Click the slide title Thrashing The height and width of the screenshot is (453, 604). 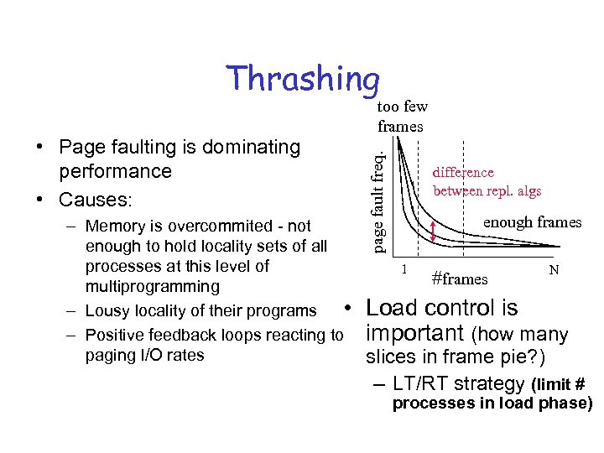click(x=304, y=79)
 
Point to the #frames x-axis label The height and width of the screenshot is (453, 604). click(x=459, y=279)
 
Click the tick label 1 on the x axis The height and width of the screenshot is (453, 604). click(x=404, y=268)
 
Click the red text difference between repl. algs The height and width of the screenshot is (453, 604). click(x=487, y=181)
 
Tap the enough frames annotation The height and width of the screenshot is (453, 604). click(x=532, y=222)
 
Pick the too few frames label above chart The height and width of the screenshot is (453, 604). click(x=402, y=116)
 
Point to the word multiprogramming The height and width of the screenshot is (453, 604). click(x=152, y=286)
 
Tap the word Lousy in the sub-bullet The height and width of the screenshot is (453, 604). click(x=107, y=310)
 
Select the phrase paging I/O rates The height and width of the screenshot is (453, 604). click(x=144, y=355)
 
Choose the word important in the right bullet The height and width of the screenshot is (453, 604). click(x=416, y=333)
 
